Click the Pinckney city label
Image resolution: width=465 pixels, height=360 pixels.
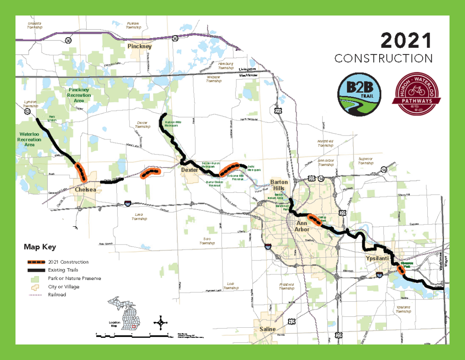pos(139,46)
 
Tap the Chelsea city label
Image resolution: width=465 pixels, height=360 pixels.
pos(86,190)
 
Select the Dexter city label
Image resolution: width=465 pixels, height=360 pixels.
pos(189,170)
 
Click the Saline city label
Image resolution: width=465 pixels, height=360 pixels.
pos(267,329)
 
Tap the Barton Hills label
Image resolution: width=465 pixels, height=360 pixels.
pos(279,185)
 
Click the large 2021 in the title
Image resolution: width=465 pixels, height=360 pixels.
pos(406,41)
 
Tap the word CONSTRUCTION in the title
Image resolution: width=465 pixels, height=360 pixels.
pos(383,59)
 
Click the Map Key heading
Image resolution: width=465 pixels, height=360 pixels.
pos(40,247)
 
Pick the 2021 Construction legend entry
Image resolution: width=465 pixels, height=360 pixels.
pos(68,262)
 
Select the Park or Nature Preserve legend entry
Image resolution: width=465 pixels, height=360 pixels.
pos(74,278)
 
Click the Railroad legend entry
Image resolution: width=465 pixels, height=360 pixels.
pos(57,295)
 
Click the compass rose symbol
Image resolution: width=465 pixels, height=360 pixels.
pos(160,323)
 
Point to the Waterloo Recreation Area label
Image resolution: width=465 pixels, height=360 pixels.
pos(30,139)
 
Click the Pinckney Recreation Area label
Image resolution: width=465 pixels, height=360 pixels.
pos(79,95)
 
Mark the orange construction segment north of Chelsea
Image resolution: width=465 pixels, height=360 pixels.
pos(81,172)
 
